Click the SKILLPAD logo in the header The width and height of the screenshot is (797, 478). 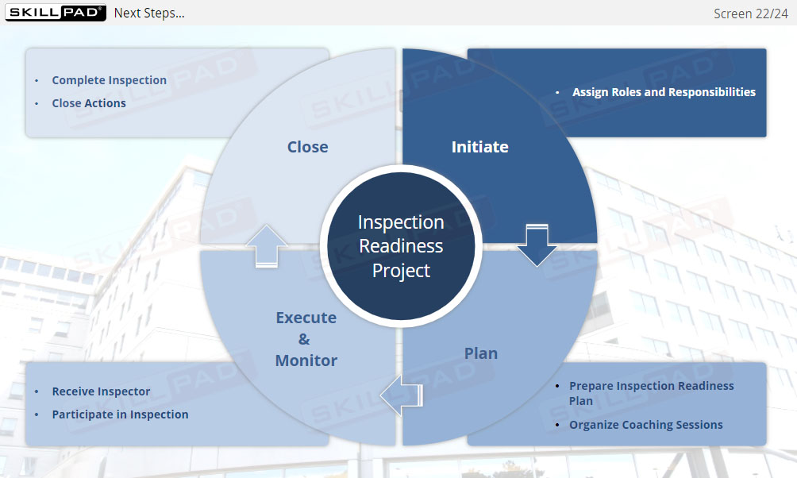tap(55, 13)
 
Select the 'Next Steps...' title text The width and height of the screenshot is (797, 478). tap(149, 13)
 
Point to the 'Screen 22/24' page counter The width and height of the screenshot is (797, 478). tap(750, 13)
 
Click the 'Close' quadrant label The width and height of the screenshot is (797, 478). tap(307, 147)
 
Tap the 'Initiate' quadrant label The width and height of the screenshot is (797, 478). tap(479, 147)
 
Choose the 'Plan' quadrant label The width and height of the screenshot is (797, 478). tap(480, 353)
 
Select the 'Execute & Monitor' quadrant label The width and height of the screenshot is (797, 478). tap(306, 339)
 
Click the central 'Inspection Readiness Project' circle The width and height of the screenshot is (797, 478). tap(401, 246)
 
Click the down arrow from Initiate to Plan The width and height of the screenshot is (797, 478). tap(537, 245)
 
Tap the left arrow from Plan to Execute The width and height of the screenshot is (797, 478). tap(401, 395)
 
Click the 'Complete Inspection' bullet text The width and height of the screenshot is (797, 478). tap(109, 80)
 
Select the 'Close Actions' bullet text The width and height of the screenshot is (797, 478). tap(89, 103)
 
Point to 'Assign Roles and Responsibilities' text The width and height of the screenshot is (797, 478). tap(664, 92)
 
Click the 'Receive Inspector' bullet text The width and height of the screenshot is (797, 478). tap(101, 391)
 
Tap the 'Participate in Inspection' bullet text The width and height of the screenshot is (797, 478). tap(120, 414)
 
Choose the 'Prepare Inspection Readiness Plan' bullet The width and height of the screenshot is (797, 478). tap(651, 393)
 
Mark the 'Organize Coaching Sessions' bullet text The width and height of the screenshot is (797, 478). tap(645, 425)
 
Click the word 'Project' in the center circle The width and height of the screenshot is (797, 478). tap(401, 271)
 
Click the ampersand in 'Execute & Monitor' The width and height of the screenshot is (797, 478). tap(304, 339)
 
